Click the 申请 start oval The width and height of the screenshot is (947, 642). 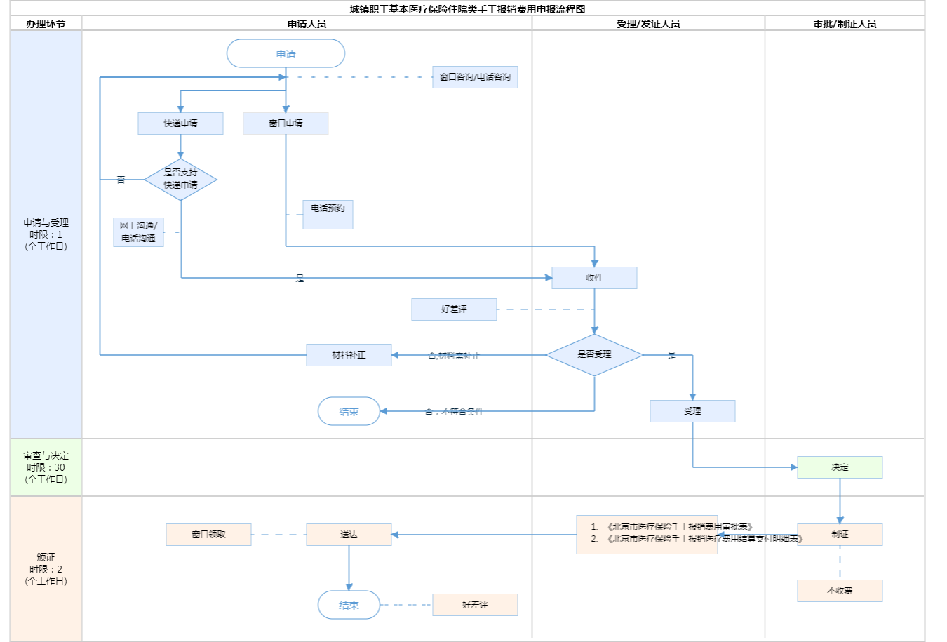click(x=286, y=54)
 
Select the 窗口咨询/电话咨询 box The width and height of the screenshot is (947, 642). click(x=475, y=77)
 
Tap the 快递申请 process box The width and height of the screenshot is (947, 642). click(x=180, y=123)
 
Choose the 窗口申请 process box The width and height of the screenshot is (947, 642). click(x=286, y=123)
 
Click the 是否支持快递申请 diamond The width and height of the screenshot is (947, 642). click(x=180, y=180)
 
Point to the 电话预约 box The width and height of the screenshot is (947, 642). click(x=328, y=214)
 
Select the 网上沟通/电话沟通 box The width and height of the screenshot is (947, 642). click(x=138, y=232)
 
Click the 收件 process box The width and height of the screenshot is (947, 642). click(x=594, y=278)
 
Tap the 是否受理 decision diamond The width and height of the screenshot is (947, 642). click(x=594, y=355)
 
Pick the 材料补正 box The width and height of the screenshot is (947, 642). click(x=349, y=355)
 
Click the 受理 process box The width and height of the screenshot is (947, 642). click(x=692, y=411)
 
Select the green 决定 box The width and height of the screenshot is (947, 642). click(x=840, y=467)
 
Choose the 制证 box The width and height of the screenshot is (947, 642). click(x=840, y=535)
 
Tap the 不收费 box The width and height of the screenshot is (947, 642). click(x=840, y=591)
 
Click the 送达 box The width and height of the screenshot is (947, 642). click(x=349, y=535)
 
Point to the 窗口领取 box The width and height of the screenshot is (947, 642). click(x=208, y=535)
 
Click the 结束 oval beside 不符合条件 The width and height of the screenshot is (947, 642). click(x=349, y=412)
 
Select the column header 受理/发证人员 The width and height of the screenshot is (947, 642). click(x=648, y=24)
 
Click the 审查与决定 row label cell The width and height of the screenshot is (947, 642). click(x=46, y=467)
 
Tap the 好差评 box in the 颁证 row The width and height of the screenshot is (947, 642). click(x=475, y=605)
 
